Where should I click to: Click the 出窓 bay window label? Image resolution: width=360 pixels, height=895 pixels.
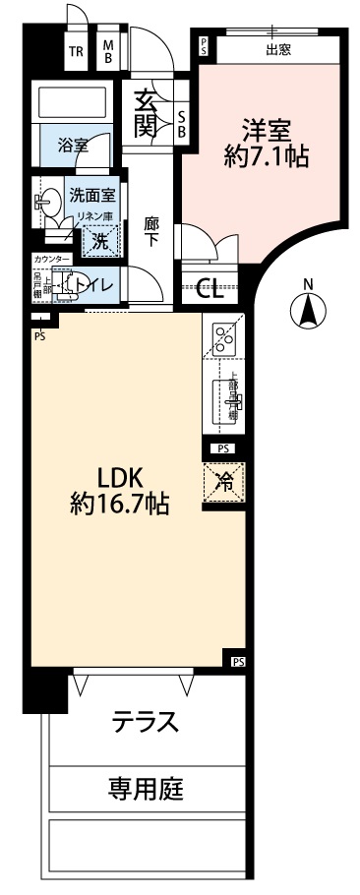click(x=278, y=50)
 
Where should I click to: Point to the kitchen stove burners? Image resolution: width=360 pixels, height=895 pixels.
click(x=224, y=340)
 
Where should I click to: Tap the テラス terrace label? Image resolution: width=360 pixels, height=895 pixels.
click(x=145, y=722)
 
